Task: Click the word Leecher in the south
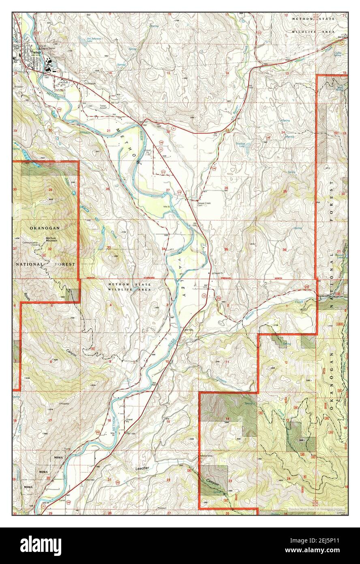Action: click(140, 468)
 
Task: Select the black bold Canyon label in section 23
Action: click(212, 485)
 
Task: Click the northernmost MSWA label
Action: click(57, 458)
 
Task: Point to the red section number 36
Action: click(285, 250)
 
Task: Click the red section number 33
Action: click(109, 248)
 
